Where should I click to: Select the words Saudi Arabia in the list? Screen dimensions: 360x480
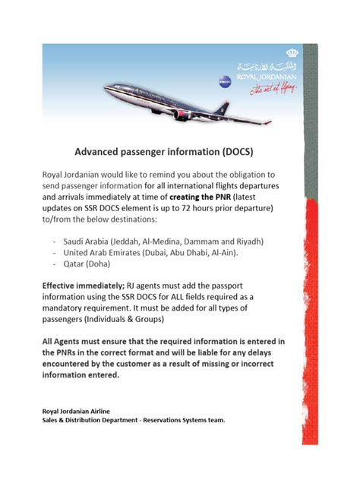88,242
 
